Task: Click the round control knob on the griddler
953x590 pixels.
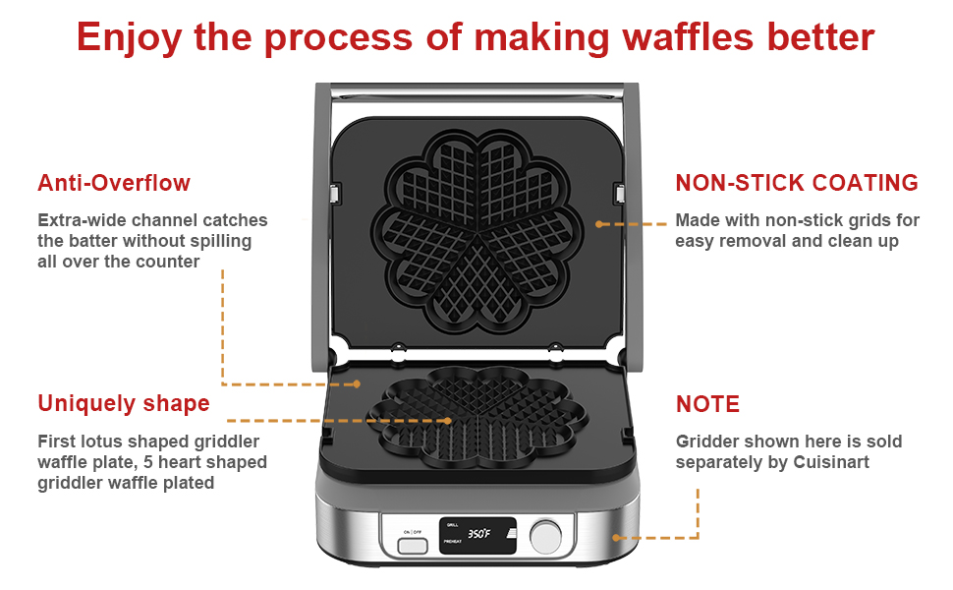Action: coord(545,536)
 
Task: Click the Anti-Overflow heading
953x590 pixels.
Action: coord(114,183)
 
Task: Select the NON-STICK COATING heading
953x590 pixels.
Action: coord(797,183)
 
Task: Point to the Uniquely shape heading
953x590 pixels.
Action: coord(124,403)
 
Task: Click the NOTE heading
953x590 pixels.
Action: coord(707,404)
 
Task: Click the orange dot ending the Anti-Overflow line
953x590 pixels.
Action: coord(358,383)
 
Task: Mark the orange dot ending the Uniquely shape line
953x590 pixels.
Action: coord(448,420)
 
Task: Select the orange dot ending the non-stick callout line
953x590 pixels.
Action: coord(599,224)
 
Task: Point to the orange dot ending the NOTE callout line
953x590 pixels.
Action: coord(616,537)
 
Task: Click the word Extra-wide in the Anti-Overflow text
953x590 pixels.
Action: coord(79,220)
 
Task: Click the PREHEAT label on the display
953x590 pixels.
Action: coord(453,542)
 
